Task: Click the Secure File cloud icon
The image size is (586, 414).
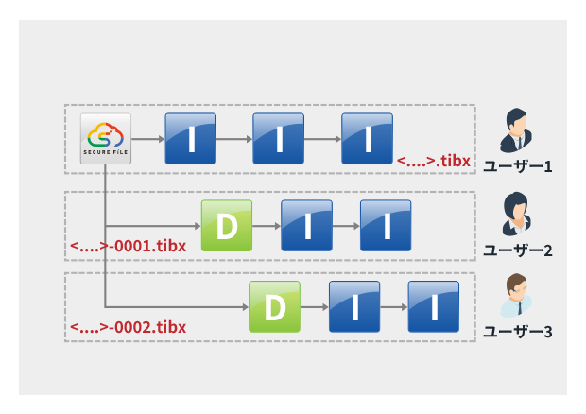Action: [104, 139]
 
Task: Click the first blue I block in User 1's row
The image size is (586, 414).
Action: [191, 139]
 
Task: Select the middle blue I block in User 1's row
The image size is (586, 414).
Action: [279, 139]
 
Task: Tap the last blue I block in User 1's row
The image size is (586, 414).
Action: [367, 139]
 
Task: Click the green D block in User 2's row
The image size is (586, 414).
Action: [227, 226]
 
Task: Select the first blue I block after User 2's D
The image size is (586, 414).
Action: [306, 226]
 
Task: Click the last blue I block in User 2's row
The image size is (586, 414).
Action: [386, 226]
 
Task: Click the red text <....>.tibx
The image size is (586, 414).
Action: [433, 162]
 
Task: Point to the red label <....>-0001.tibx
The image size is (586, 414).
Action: [128, 247]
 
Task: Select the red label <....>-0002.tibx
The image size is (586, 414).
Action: [128, 328]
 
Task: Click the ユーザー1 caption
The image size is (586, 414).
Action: [517, 165]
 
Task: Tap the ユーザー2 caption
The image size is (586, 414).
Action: [517, 250]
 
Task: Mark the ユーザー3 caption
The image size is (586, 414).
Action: [517, 332]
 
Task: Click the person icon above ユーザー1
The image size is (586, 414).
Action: [517, 130]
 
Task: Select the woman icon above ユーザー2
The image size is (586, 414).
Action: [517, 215]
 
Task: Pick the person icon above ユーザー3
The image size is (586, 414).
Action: [517, 297]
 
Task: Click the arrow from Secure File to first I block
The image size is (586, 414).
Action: [146, 139]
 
